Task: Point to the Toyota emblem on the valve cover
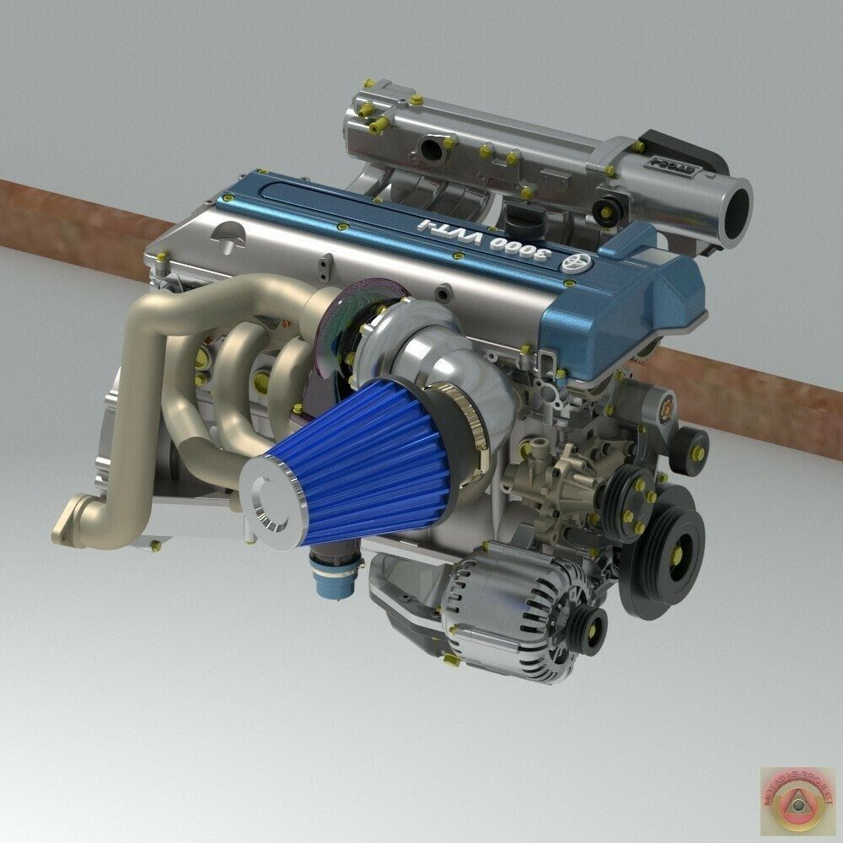click(x=580, y=263)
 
